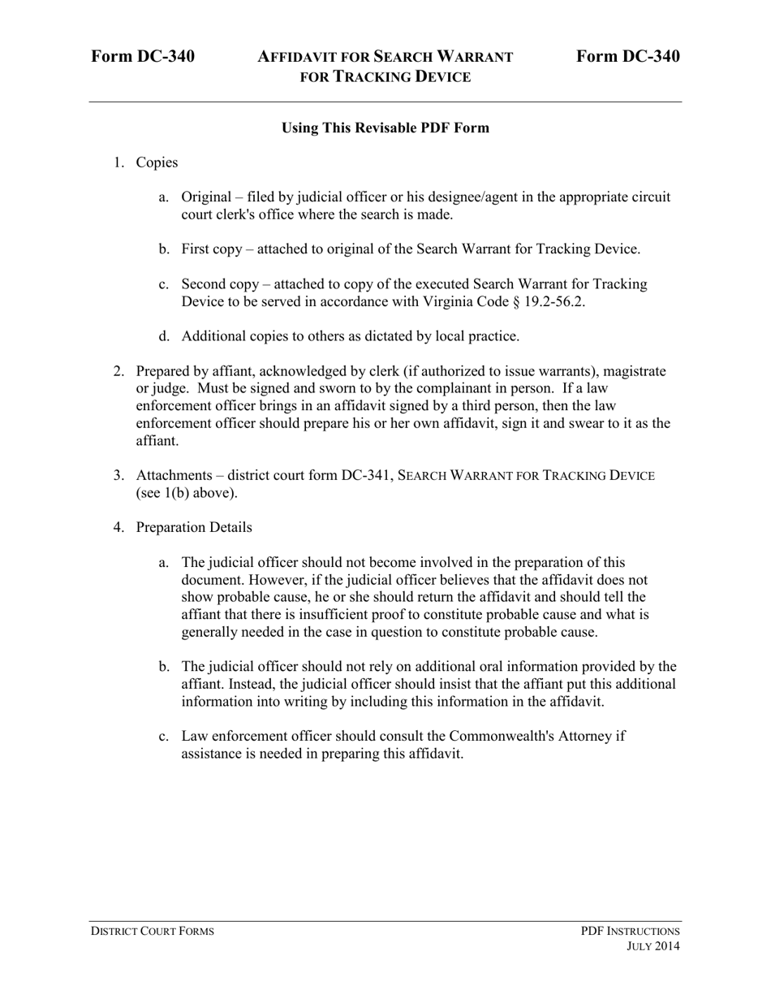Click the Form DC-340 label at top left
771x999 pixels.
(143, 57)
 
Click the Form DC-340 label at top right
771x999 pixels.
(628, 57)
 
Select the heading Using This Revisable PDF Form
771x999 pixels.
(385, 128)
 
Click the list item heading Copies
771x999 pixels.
(157, 162)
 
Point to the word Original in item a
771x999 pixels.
(205, 197)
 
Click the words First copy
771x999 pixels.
(211, 249)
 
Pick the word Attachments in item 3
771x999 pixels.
(174, 475)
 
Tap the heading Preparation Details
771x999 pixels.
(194, 527)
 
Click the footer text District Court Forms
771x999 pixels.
(153, 931)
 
